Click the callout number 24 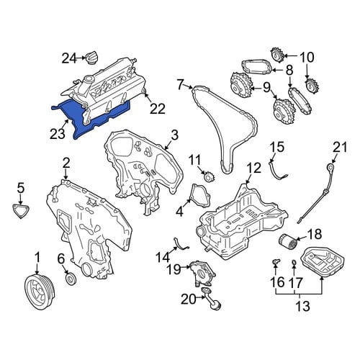point(69,58)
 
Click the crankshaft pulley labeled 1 point(40,291)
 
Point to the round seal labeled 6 point(71,279)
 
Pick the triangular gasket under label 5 point(21,211)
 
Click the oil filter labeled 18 point(288,242)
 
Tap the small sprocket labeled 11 point(209,177)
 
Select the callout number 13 point(302,306)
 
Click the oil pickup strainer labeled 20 point(212,299)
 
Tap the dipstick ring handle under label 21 point(331,166)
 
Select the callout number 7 point(181,84)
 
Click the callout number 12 point(253,168)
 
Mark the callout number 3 point(175,135)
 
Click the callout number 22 point(158,109)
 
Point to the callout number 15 point(277,147)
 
